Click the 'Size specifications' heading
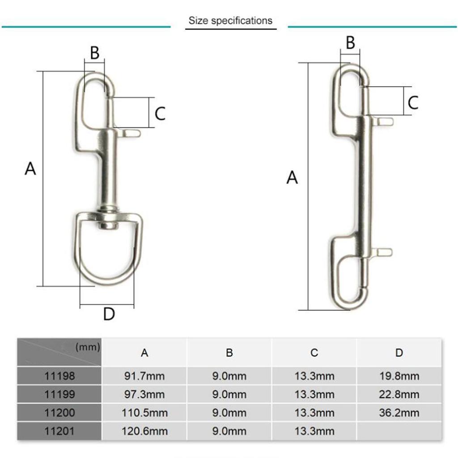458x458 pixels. click(x=230, y=21)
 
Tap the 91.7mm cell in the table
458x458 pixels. click(x=144, y=376)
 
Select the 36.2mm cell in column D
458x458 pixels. click(x=399, y=412)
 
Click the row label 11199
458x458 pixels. click(x=60, y=394)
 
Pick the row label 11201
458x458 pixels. click(x=60, y=431)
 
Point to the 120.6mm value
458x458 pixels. click(x=144, y=431)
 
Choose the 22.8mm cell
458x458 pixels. click(x=399, y=394)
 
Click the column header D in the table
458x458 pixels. click(x=399, y=352)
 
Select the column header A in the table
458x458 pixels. click(x=144, y=352)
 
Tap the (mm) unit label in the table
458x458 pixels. click(x=88, y=347)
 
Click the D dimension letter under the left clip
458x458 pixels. click(x=109, y=314)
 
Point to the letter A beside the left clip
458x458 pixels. click(x=30, y=169)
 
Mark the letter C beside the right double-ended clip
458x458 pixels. click(x=413, y=102)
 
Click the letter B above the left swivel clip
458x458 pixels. click(x=94, y=53)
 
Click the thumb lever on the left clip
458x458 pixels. click(x=131, y=133)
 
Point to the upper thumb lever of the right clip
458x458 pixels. click(x=385, y=121)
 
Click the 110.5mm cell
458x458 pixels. click(x=144, y=412)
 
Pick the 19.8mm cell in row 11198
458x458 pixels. click(x=399, y=376)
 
